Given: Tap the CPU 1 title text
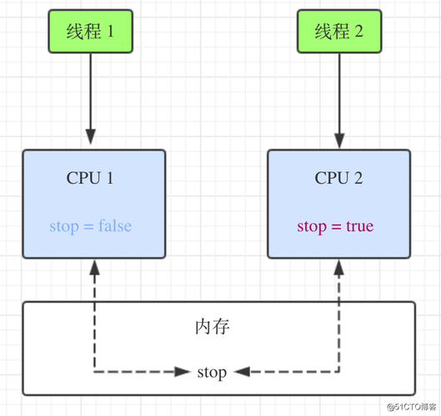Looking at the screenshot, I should click(90, 178).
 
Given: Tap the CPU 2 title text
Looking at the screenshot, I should click(338, 178).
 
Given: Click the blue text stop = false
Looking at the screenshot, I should click(90, 226).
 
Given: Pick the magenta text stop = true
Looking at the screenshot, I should click(335, 226).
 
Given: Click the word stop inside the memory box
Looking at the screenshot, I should click(212, 372).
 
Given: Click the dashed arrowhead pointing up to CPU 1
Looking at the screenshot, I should click(95, 268).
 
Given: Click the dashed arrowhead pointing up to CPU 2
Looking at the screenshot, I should click(338, 268).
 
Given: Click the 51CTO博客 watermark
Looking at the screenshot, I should click(409, 405).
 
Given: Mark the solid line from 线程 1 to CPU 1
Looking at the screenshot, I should click(91, 92).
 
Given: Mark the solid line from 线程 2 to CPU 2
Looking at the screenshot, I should click(338, 92).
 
